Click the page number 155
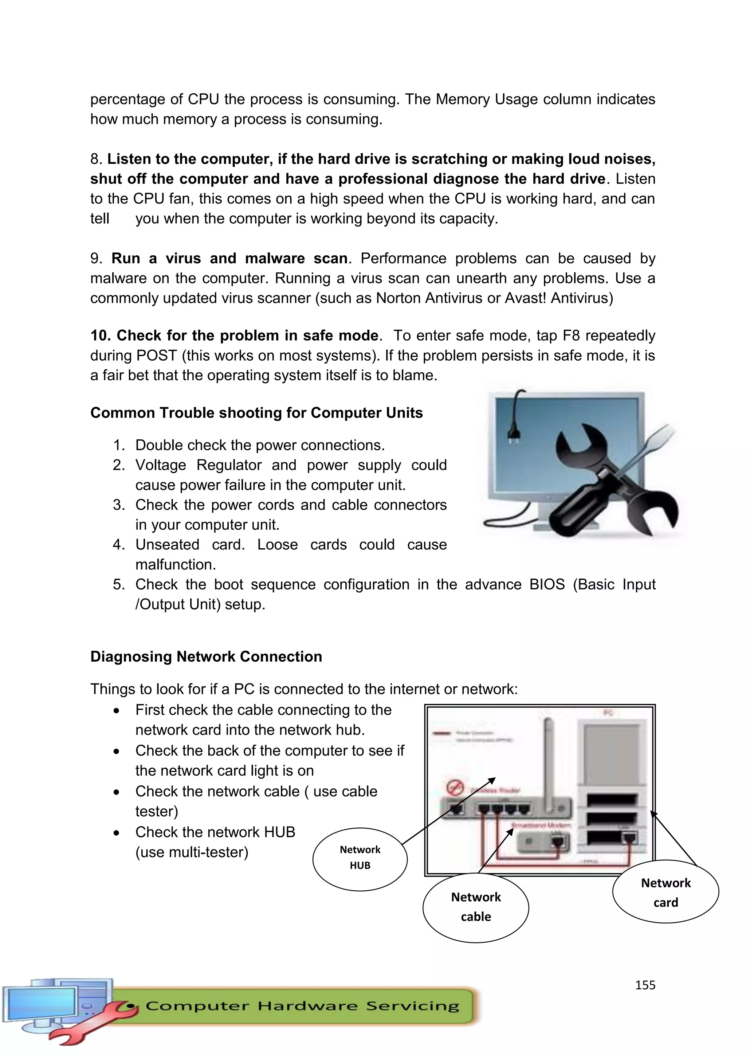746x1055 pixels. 645,985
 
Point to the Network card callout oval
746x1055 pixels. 665,892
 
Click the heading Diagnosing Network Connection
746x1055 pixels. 206,656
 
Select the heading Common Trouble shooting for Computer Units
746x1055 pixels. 256,413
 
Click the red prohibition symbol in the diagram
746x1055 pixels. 455,788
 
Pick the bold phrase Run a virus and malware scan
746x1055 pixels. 229,259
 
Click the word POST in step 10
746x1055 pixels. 156,356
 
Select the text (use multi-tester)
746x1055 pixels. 192,852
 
